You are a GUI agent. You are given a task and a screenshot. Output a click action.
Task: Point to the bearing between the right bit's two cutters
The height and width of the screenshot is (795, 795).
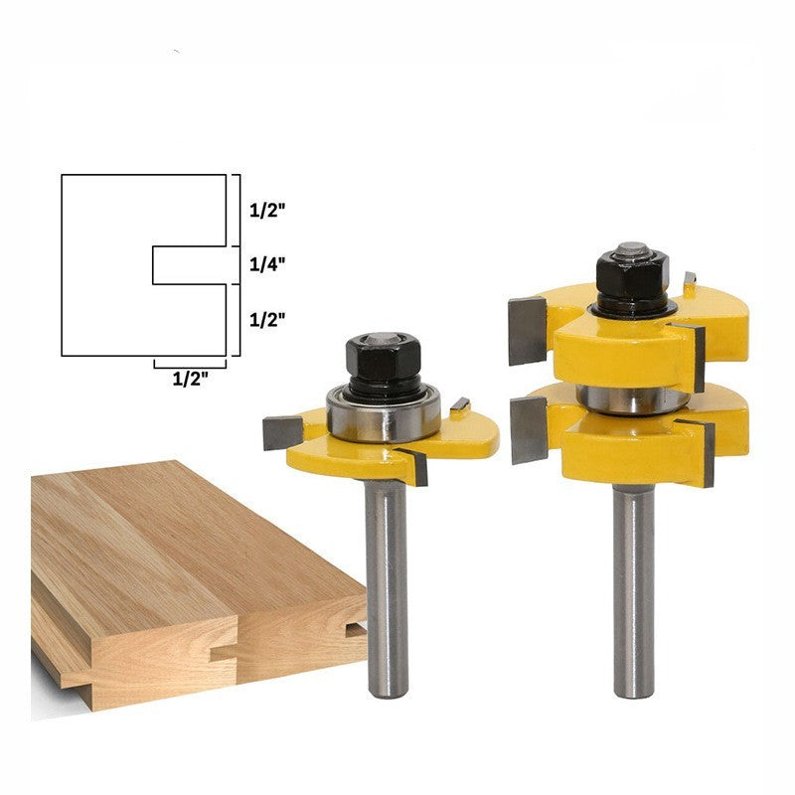tap(633, 398)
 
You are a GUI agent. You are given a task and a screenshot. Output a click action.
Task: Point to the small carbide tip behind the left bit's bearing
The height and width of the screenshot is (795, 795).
tap(460, 404)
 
